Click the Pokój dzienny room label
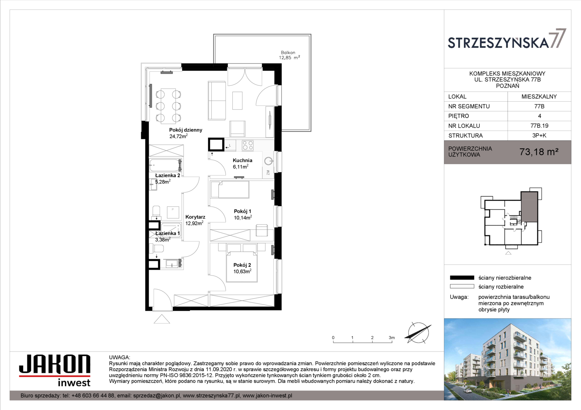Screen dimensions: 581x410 tap(186, 130)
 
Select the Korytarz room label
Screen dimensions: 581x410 tap(195, 217)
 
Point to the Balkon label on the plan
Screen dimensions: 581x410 tap(288, 52)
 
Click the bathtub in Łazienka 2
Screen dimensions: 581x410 tap(165, 165)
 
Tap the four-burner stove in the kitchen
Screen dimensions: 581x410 tap(248, 145)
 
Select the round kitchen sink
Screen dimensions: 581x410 tap(268, 161)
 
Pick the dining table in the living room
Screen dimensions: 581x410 tap(168, 106)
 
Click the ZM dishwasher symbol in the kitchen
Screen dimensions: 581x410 tap(268, 172)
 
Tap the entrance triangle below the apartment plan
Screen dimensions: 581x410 tap(162, 319)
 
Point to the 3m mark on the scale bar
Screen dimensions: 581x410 tap(392, 338)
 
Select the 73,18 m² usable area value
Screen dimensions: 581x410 tap(539, 152)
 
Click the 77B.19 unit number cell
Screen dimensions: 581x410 tap(539, 126)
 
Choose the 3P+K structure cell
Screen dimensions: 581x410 tap(539, 136)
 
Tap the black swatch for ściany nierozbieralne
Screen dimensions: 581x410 tap(462, 278)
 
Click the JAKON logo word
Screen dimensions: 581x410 tap(55, 364)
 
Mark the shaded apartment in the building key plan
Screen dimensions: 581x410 tap(529, 207)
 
